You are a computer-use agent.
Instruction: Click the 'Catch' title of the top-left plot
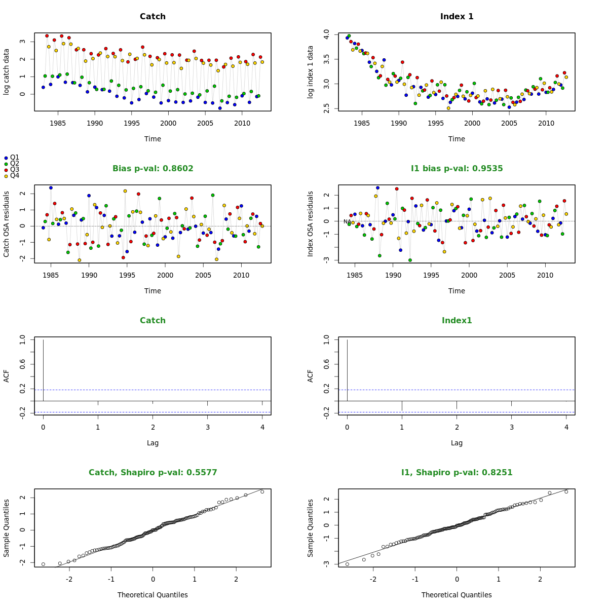pyautogui.click(x=153, y=17)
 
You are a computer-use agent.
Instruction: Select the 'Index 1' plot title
pyautogui.click(x=457, y=17)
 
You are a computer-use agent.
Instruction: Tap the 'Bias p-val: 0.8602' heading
pyautogui.click(x=153, y=169)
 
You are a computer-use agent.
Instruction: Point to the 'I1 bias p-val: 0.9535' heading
pyautogui.click(x=457, y=169)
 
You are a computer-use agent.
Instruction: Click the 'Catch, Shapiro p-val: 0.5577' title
pyautogui.click(x=153, y=473)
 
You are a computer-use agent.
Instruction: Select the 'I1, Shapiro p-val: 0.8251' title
pyautogui.click(x=457, y=473)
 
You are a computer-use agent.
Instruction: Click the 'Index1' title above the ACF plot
pyautogui.click(x=457, y=321)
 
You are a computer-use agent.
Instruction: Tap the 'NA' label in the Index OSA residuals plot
pyautogui.click(x=347, y=222)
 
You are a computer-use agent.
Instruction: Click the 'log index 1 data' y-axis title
pyautogui.click(x=311, y=71)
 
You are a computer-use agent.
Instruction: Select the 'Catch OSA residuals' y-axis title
pyautogui.click(x=7, y=223)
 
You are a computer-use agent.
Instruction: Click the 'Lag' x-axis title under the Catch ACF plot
pyautogui.click(x=153, y=443)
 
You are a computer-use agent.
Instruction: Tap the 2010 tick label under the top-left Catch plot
pyautogui.click(x=242, y=123)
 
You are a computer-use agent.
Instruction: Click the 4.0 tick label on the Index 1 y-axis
pyautogui.click(x=327, y=35)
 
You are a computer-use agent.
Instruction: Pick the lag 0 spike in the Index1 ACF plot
pyautogui.click(x=347, y=370)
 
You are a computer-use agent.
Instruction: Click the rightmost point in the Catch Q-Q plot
pyautogui.click(x=262, y=491)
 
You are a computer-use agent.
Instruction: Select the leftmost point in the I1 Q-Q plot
pyautogui.click(x=347, y=564)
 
